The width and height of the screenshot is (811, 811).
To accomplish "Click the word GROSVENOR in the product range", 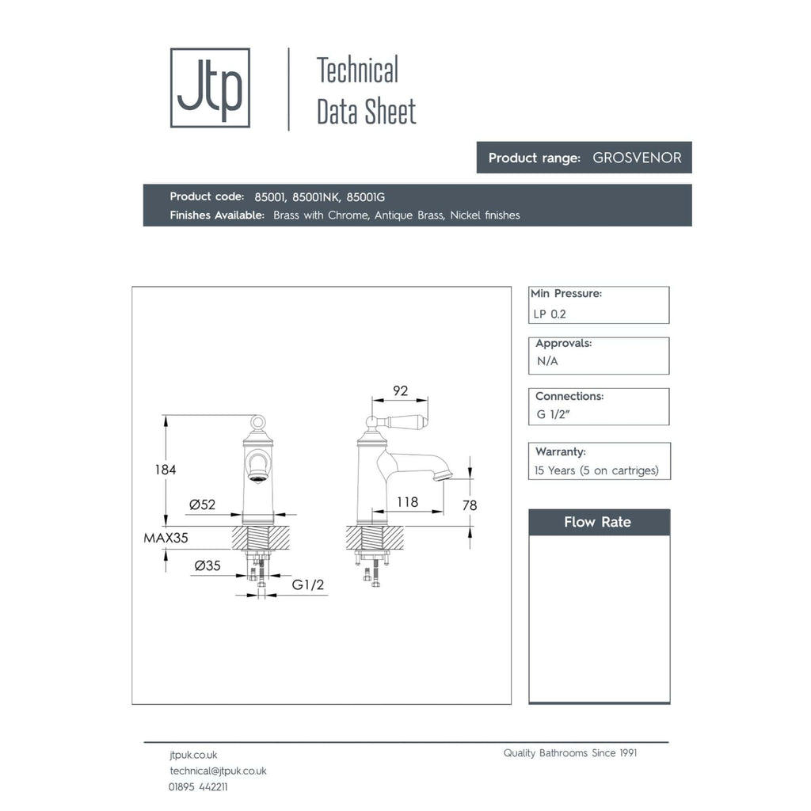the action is tap(637, 158).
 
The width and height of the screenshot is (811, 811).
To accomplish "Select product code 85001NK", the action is tap(316, 197).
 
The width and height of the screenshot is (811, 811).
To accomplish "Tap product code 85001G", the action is tap(366, 197).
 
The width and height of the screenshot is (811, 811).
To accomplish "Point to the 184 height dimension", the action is tap(166, 470).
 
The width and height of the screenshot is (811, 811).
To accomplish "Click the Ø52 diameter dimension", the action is tap(202, 504).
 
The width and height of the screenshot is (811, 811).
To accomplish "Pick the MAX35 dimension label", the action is tap(166, 538).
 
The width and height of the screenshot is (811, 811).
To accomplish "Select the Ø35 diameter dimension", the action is tap(208, 565).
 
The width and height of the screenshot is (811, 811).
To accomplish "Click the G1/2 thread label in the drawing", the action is tap(308, 584).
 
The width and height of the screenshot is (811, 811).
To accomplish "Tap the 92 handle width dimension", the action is tap(400, 390).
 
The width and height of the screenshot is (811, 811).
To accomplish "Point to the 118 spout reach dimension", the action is tap(408, 501).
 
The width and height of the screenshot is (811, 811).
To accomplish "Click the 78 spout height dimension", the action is tap(470, 505).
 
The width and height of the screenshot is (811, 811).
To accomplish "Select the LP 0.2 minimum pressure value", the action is tap(550, 314).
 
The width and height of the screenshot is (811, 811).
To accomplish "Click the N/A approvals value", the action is tap(547, 361).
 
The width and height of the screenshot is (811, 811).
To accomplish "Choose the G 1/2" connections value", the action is tap(553, 414).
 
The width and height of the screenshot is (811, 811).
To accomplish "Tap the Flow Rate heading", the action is tap(597, 522).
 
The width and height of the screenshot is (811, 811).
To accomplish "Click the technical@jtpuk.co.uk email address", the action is tap(219, 771).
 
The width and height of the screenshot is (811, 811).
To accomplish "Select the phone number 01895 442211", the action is tap(198, 786).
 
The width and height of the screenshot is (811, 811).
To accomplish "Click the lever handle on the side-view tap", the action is tap(406, 422).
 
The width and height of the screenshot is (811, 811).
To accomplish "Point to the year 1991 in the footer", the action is tap(628, 753).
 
